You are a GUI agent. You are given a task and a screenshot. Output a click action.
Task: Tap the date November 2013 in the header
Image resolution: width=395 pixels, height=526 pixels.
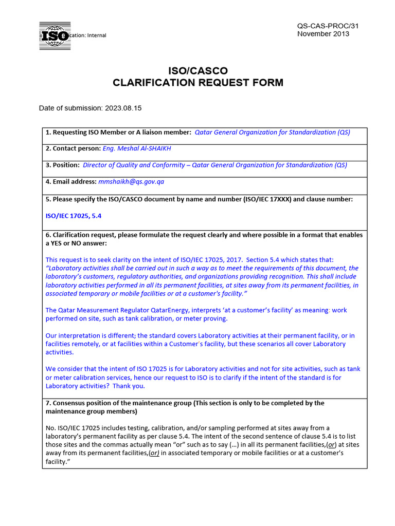tap(323, 34)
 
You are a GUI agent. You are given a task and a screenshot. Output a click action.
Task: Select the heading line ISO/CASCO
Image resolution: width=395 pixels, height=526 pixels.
tap(198, 70)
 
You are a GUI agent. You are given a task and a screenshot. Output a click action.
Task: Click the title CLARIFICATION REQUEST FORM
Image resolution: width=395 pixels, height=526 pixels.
tap(198, 83)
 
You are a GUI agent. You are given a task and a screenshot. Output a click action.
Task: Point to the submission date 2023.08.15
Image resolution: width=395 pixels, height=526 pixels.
tap(123, 108)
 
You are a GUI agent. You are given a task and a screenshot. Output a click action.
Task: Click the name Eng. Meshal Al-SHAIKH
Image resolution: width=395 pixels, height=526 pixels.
tap(137, 148)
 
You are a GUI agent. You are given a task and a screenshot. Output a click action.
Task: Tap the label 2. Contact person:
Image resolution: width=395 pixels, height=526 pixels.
tap(73, 148)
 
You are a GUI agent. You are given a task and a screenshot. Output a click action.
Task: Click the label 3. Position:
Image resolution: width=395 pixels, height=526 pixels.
tap(62, 165)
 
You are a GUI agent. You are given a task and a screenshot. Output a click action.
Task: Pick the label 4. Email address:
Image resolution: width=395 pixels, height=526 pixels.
tap(71, 181)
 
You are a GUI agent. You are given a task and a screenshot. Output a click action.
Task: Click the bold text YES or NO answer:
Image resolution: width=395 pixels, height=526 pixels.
tap(79, 243)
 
